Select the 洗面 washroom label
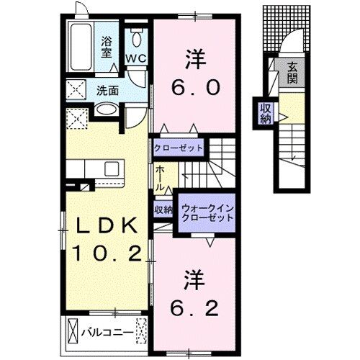[x=108, y=91]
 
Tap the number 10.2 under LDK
[x=107, y=253]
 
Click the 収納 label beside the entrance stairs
[x=264, y=114]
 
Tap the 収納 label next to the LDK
[x=163, y=210]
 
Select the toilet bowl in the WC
[x=135, y=37]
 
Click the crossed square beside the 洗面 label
[x=75, y=91]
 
